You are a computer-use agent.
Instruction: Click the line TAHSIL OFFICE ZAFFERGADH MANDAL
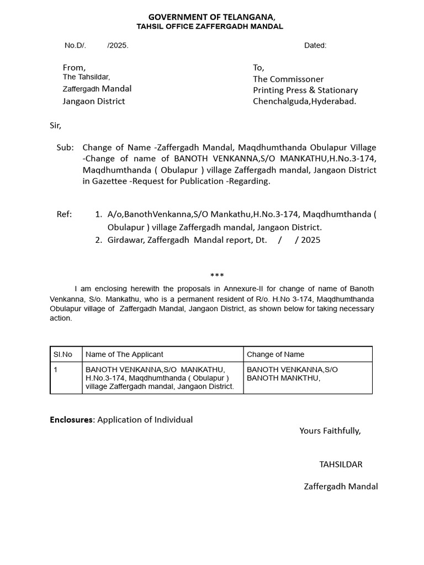[x=210, y=26]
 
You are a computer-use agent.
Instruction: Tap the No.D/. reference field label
[x=76, y=45]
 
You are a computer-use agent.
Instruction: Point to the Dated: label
[x=315, y=45]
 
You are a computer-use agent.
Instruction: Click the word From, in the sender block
[x=74, y=67]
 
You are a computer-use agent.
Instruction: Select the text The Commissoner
[x=288, y=79]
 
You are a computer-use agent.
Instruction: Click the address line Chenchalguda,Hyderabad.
[x=304, y=101]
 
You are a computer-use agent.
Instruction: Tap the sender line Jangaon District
[x=94, y=101]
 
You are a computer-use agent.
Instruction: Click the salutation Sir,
[x=56, y=125]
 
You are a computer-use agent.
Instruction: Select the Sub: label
[x=65, y=147]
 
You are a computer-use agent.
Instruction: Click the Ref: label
[x=64, y=214]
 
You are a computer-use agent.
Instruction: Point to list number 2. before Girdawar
[x=99, y=240]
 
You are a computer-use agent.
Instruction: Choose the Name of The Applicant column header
[x=124, y=354]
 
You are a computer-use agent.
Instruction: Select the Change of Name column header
[x=275, y=354]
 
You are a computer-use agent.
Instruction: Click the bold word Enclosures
[x=72, y=419]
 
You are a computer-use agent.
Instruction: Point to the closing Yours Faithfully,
[x=330, y=430]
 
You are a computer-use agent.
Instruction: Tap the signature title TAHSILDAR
[x=341, y=464]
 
